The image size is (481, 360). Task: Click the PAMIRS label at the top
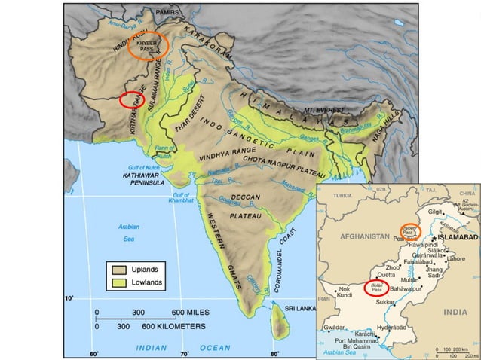coord(167,13)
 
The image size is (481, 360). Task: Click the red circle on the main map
coord(132,99)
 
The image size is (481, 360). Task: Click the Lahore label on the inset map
coord(455,259)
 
